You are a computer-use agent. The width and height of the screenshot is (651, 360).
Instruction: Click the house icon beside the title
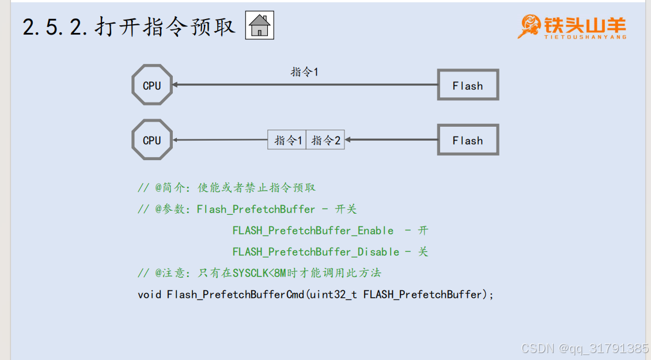pos(260,25)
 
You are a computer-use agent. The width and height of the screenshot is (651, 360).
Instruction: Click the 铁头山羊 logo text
pos(584,24)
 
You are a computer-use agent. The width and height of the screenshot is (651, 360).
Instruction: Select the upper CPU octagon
pos(152,85)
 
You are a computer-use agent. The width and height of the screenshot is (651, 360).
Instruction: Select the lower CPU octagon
pos(152,139)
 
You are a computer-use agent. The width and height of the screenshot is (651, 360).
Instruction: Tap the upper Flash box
pos(468,85)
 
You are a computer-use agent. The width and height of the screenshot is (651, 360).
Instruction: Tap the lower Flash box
pos(468,140)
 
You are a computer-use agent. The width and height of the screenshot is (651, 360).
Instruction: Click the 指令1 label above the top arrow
pos(304,72)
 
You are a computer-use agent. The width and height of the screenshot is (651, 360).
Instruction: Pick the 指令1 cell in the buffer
pos(287,140)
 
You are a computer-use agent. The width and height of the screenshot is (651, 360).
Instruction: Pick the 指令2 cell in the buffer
pos(325,140)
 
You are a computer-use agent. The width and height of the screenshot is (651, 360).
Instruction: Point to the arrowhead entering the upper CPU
pos(175,85)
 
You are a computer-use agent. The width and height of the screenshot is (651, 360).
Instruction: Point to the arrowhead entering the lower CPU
pos(175,139)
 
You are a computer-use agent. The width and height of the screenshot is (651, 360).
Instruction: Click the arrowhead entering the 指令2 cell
pos(348,139)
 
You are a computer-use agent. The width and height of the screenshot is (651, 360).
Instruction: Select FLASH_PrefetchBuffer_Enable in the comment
pos(313,230)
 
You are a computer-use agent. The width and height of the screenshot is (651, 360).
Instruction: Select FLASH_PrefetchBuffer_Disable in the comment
pos(316,252)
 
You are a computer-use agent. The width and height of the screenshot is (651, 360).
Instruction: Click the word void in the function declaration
pos(150,294)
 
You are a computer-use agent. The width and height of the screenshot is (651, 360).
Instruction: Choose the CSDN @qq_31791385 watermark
pos(584,348)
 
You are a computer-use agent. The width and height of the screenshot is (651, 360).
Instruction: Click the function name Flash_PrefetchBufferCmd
pos(235,294)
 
